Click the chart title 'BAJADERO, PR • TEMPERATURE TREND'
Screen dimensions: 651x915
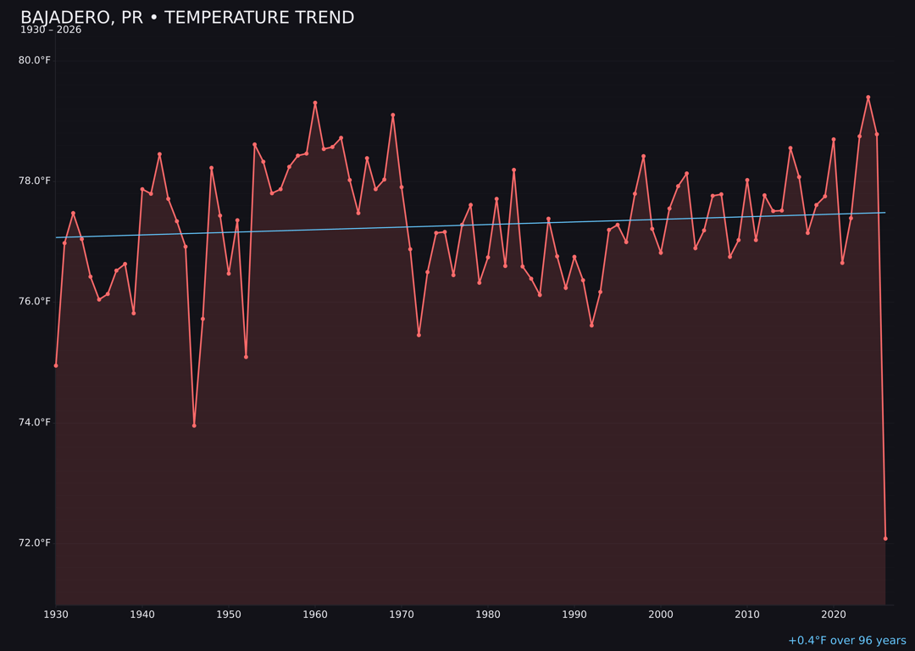click(x=187, y=18)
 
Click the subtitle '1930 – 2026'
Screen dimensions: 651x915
click(x=51, y=31)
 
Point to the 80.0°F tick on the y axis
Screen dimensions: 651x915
click(x=35, y=60)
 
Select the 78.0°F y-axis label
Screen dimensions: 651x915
click(x=35, y=181)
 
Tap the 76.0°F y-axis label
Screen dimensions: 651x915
click(x=35, y=302)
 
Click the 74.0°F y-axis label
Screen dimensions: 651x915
click(x=35, y=422)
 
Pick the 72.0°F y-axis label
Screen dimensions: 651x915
click(x=35, y=542)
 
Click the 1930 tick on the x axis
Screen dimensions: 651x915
click(x=56, y=615)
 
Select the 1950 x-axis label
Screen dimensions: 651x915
click(x=229, y=615)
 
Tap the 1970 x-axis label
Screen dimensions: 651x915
click(x=402, y=615)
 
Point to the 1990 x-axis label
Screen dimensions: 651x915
click(x=574, y=615)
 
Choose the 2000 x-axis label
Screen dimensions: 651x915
click(x=661, y=615)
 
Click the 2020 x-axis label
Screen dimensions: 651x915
click(x=834, y=615)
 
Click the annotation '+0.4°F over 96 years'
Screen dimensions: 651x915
click(x=846, y=641)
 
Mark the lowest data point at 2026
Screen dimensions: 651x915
click(x=885, y=538)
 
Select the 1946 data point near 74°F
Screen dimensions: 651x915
click(x=194, y=426)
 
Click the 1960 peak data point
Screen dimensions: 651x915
click(x=315, y=103)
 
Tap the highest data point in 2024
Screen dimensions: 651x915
click(x=868, y=97)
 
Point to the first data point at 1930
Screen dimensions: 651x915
click(x=56, y=365)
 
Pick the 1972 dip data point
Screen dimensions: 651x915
click(x=419, y=335)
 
